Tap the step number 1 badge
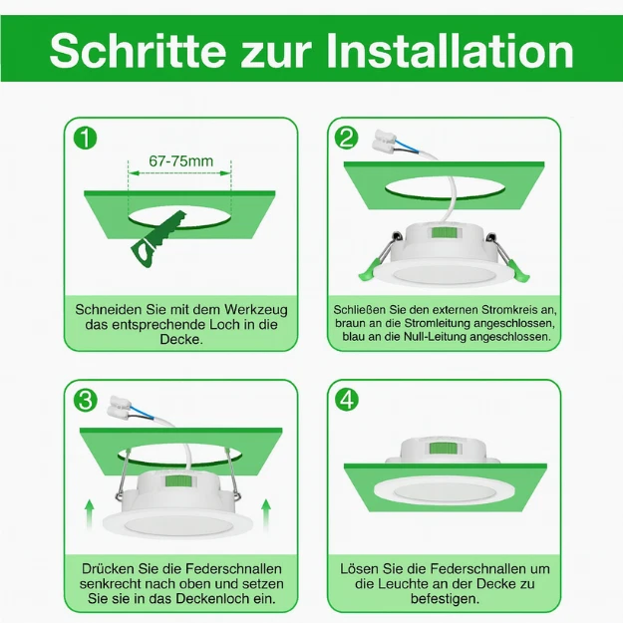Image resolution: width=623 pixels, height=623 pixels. [x=86, y=138]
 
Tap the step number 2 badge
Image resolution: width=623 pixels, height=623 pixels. [x=347, y=138]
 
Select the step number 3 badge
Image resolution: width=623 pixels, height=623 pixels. [x=86, y=401]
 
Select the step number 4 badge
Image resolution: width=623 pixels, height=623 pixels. [x=347, y=401]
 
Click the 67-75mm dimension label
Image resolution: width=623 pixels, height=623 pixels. [x=180, y=160]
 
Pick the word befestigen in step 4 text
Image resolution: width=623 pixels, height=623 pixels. [x=444, y=599]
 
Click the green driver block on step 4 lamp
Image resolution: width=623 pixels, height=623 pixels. [x=441, y=448]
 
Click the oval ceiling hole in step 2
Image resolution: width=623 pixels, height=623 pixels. [x=445, y=189]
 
